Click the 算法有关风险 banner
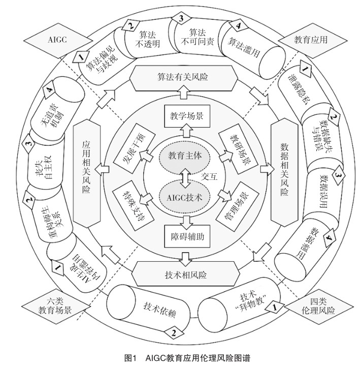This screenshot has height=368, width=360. (182, 78)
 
